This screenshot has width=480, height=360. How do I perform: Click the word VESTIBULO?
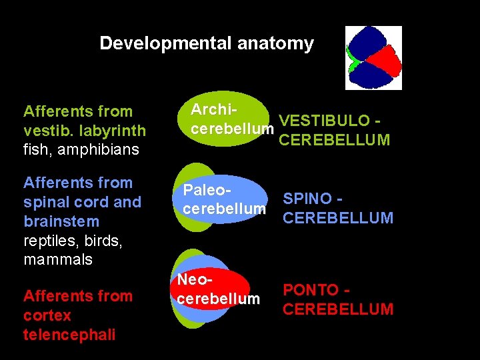(x=324, y=121)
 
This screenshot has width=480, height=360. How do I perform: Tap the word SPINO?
(x=307, y=199)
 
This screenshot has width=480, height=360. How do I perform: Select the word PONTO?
(x=311, y=290)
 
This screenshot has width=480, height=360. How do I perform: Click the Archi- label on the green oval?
(x=215, y=109)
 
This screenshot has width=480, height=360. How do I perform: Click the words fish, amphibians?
(x=81, y=149)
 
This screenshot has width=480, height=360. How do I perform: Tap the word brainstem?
(x=61, y=221)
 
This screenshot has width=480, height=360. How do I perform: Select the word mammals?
(x=58, y=259)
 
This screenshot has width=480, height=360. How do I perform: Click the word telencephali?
(x=69, y=335)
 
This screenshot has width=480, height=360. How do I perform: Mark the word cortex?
(x=47, y=315)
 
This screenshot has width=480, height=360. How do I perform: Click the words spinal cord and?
(x=82, y=202)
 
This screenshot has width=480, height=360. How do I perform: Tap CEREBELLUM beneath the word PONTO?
(x=338, y=309)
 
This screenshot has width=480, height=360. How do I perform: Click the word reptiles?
(x=49, y=241)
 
